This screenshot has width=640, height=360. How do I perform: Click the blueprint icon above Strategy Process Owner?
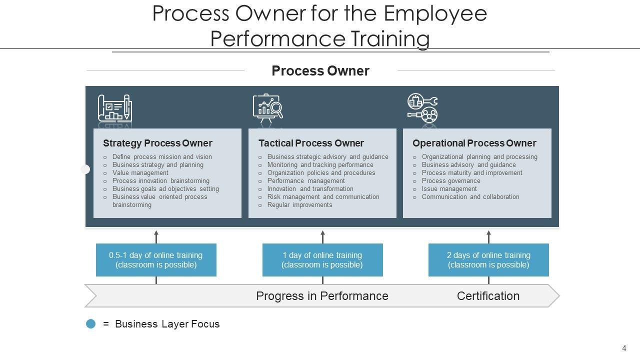click(x=114, y=108)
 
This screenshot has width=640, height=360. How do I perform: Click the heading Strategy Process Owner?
click(x=157, y=143)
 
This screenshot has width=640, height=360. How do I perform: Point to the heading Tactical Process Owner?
click(x=311, y=143)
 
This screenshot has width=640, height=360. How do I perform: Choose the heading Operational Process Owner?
click(x=474, y=143)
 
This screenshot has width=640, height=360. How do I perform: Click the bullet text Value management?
click(x=140, y=173)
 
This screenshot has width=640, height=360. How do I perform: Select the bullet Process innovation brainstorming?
click(x=160, y=181)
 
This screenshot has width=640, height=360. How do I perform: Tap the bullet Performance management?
click(x=306, y=181)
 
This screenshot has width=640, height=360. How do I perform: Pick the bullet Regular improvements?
click(x=299, y=205)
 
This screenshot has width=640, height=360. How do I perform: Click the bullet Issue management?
click(x=449, y=189)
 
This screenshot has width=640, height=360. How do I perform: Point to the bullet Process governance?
click(x=450, y=181)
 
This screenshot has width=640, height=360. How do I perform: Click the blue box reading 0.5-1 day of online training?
click(x=156, y=260)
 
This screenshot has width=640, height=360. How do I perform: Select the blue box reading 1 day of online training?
click(x=322, y=260)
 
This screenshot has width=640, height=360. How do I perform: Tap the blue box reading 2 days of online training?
click(x=488, y=260)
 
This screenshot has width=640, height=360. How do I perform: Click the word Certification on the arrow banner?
click(x=488, y=296)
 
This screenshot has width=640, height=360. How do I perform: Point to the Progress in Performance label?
click(x=322, y=296)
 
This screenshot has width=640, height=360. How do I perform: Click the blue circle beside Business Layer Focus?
click(x=91, y=324)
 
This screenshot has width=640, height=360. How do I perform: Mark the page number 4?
click(x=624, y=348)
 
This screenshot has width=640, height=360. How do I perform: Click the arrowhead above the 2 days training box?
click(x=488, y=233)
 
